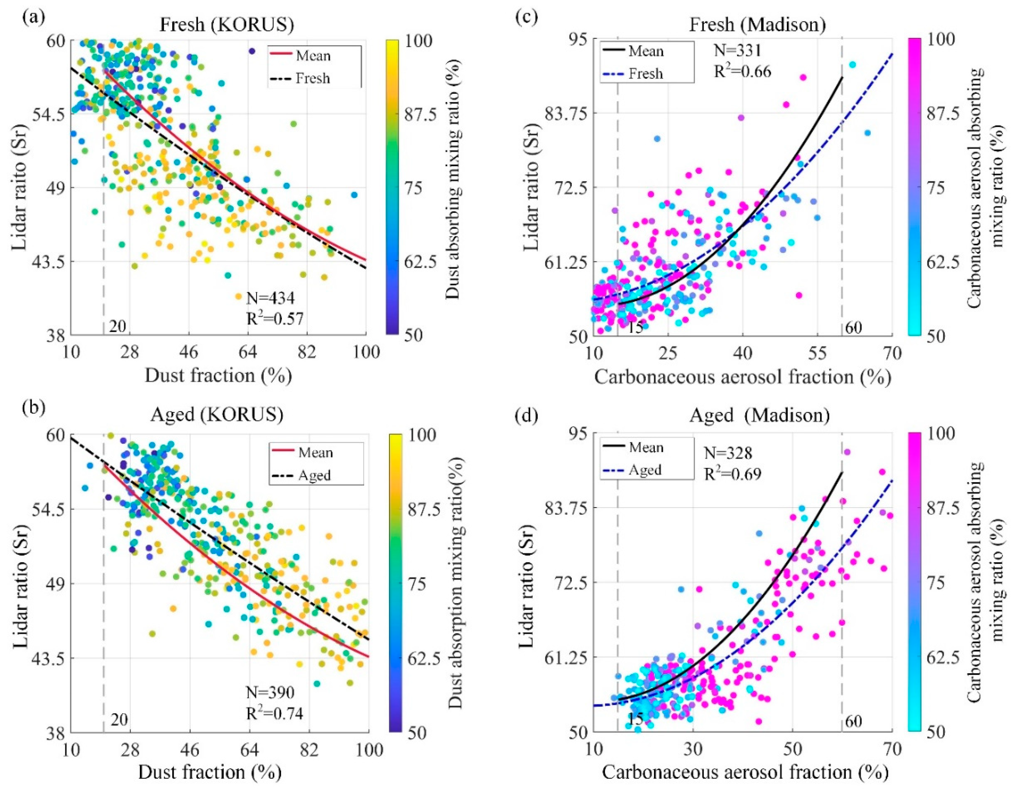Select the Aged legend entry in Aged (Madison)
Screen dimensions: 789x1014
tap(645, 470)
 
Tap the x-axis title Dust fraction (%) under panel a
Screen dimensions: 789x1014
tap(218, 376)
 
